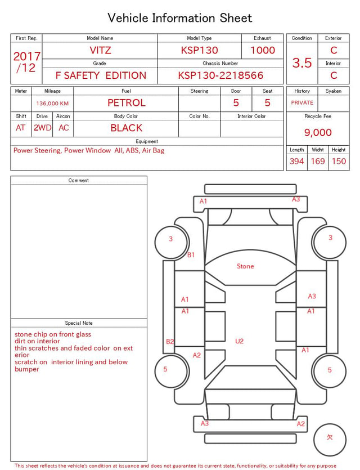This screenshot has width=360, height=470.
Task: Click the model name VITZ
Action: pos(100,50)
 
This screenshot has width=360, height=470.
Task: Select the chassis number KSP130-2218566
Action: pos(220,75)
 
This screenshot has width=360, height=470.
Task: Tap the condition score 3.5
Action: pos(302,63)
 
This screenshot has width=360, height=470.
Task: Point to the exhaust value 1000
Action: pos(263,50)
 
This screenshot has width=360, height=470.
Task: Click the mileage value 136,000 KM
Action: pos(52,104)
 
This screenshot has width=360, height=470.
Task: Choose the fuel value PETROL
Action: pos(127,103)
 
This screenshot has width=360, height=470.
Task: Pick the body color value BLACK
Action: pos(127,128)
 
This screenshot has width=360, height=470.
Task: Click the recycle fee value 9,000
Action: pos(318,132)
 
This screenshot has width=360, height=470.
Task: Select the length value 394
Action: pos(297,161)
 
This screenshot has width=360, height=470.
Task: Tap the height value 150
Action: pos(339,161)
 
